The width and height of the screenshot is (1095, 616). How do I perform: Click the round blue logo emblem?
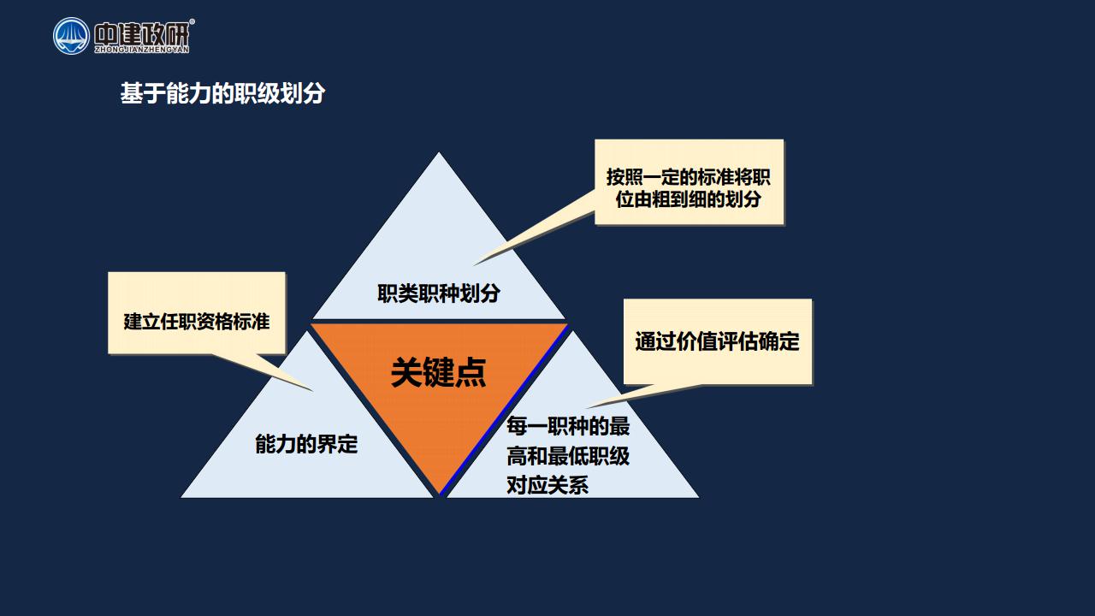point(71,36)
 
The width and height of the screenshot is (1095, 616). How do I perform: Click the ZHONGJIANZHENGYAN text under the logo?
point(142,50)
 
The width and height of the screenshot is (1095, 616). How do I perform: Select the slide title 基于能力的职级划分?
point(222,93)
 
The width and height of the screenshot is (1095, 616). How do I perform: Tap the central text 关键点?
point(439,372)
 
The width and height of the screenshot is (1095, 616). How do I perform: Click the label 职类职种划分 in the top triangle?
point(439,293)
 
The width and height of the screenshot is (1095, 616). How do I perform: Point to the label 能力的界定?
point(306,444)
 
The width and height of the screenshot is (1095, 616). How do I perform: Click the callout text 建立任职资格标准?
point(197,322)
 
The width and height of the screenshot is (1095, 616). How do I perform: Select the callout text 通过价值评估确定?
point(717,341)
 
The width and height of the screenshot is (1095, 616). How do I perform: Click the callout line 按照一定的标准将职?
point(689,177)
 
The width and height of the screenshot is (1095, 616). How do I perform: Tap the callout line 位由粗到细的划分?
point(689,199)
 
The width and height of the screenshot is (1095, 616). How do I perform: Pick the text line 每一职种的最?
point(568,426)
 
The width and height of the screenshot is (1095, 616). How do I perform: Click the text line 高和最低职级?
point(568,456)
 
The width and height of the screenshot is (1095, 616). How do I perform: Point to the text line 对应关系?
point(547,485)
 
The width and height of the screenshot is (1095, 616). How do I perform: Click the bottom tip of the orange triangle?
point(440,494)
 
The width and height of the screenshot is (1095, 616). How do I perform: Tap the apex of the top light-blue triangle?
point(439,152)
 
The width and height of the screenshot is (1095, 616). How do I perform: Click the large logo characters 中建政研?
point(141,33)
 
